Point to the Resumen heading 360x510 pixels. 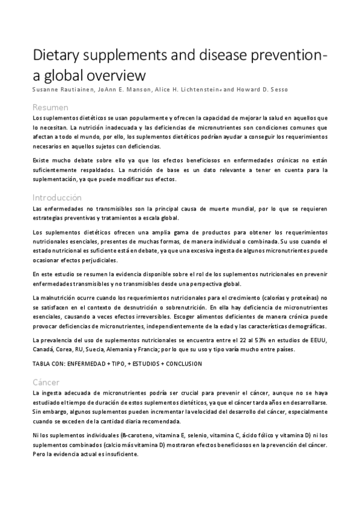(x=50, y=107)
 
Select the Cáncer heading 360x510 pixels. (x=46, y=382)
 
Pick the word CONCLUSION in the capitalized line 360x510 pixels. (x=179, y=364)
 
